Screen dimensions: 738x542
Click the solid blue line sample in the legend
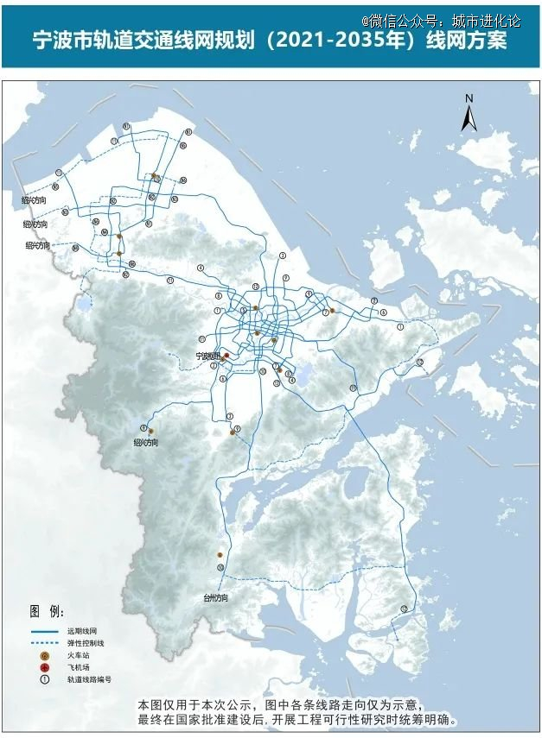click(43, 633)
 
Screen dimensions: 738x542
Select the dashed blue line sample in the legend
click(43, 644)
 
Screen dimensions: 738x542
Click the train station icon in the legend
click(43, 656)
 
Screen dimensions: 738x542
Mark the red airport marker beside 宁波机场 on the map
click(226, 356)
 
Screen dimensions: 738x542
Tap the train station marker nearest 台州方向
click(220, 555)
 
